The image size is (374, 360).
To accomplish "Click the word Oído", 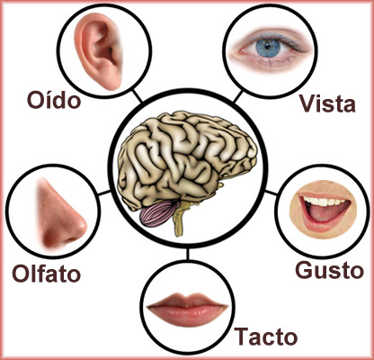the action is [x=54, y=99].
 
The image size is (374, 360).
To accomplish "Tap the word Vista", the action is [x=328, y=103].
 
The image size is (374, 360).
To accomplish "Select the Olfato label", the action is [x=47, y=273].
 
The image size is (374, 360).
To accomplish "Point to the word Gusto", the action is [x=330, y=270].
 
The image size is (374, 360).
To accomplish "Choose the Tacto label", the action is [x=266, y=336].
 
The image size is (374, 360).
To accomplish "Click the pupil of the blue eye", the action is [x=266, y=47].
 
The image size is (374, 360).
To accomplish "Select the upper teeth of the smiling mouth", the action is [x=323, y=202].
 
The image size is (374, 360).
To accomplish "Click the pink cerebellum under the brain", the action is [x=159, y=213].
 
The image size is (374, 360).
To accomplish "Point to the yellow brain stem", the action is [x=181, y=219].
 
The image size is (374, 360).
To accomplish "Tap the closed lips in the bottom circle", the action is [x=187, y=309].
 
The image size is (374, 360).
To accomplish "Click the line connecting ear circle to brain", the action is [x=138, y=95].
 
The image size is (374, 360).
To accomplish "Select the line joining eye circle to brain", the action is [x=237, y=96].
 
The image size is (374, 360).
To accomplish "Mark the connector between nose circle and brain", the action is [x=104, y=193].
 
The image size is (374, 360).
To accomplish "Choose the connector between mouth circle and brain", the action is [x=272, y=193].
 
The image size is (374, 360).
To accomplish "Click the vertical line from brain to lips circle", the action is [x=188, y=254].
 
